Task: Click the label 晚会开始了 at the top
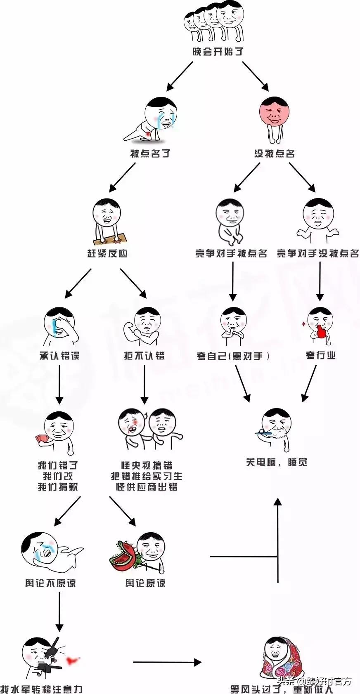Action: (218, 52)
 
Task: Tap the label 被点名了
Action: (150, 153)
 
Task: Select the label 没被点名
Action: (275, 153)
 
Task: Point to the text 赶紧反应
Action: (107, 253)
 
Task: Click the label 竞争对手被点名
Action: (231, 253)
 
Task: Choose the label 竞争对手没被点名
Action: (318, 253)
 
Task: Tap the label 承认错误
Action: (59, 356)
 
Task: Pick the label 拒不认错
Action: (144, 356)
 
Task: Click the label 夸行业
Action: (320, 355)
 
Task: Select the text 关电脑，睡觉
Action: (277, 462)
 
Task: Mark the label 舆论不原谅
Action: (50, 583)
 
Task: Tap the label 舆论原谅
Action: (145, 583)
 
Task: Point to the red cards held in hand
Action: (42, 439)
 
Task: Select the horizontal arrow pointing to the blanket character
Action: (167, 663)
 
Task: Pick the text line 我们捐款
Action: (58, 487)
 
